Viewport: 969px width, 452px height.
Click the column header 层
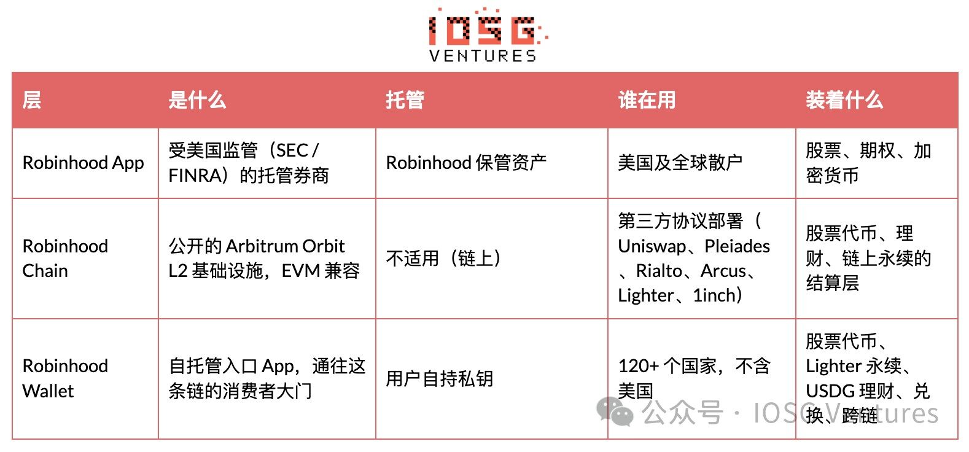[31, 100]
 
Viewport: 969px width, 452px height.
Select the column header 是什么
[197, 100]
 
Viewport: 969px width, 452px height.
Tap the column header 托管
[405, 100]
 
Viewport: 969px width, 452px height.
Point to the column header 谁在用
[647, 100]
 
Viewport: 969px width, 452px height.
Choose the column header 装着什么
[844, 100]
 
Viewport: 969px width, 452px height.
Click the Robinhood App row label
[83, 163]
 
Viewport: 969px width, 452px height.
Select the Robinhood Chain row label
[65, 258]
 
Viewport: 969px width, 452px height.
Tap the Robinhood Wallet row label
[65, 378]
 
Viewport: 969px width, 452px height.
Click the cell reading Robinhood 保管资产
[466, 163]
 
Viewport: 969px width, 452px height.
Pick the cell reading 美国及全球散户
[680, 163]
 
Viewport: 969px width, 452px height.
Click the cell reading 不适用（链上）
[444, 258]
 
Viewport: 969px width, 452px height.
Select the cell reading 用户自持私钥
[440, 378]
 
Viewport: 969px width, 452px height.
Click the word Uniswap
[652, 246]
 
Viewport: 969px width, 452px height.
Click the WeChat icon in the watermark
[615, 411]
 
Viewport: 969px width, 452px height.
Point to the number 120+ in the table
[638, 367]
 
